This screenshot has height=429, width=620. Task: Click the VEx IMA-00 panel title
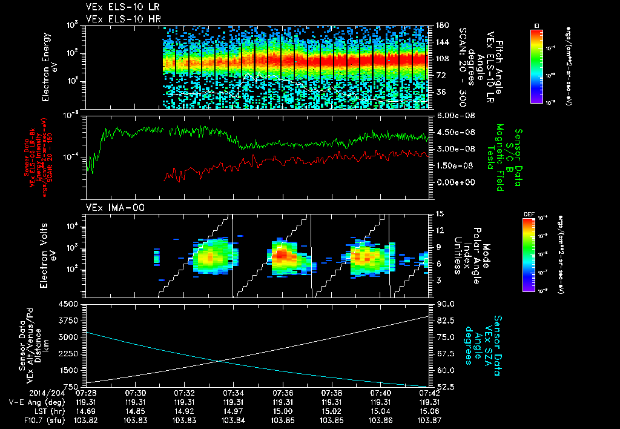click(110, 208)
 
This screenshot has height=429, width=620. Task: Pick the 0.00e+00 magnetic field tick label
click(452, 182)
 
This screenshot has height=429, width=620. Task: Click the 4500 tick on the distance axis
click(71, 304)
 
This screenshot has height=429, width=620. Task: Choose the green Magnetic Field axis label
click(501, 155)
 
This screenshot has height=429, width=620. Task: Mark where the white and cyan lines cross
click(219, 362)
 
